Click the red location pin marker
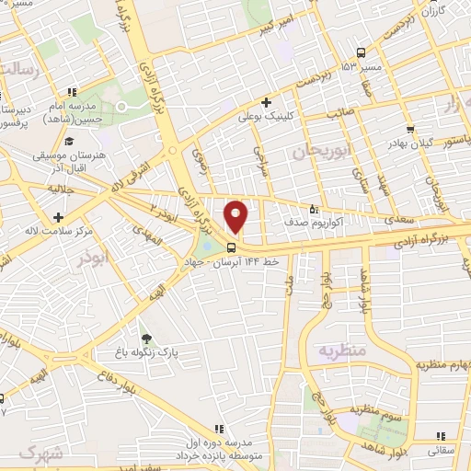[236, 215]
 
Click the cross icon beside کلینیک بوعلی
[266, 102]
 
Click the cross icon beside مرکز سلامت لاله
[58, 217]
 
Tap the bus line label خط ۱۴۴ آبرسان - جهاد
[235, 263]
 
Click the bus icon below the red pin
[231, 247]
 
